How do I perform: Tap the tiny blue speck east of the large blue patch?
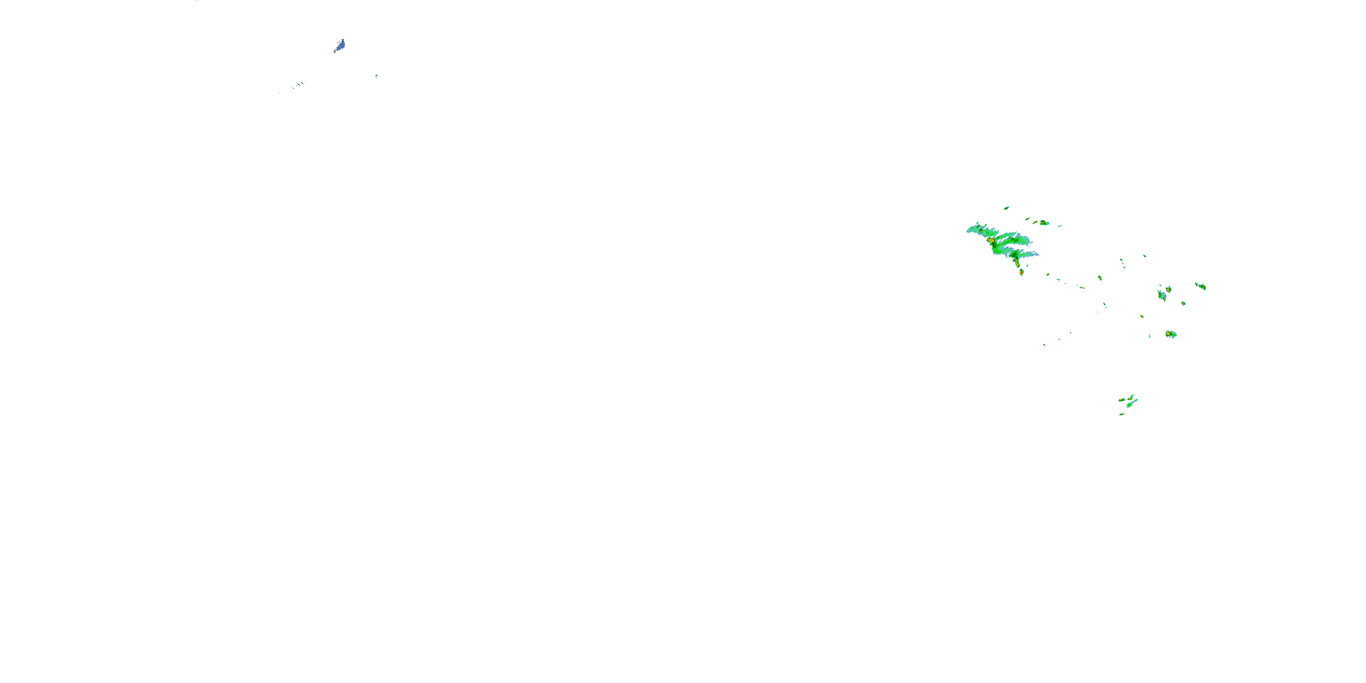click(x=377, y=76)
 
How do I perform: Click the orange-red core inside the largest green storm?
click(x=990, y=240)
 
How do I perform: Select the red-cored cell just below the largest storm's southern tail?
click(x=1021, y=272)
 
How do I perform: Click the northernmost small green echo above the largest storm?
click(x=1006, y=208)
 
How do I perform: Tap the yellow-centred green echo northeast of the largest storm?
click(x=1044, y=223)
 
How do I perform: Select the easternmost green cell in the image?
click(x=1201, y=286)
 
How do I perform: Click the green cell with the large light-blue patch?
click(x=1161, y=296)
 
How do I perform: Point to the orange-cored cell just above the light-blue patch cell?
click(x=1168, y=290)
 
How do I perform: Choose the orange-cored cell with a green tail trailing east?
click(x=1170, y=334)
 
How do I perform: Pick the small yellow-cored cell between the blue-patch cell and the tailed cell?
click(x=1183, y=303)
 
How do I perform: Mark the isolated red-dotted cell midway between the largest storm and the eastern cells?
click(x=1100, y=278)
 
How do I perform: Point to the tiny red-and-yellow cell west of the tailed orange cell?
click(x=1142, y=316)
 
